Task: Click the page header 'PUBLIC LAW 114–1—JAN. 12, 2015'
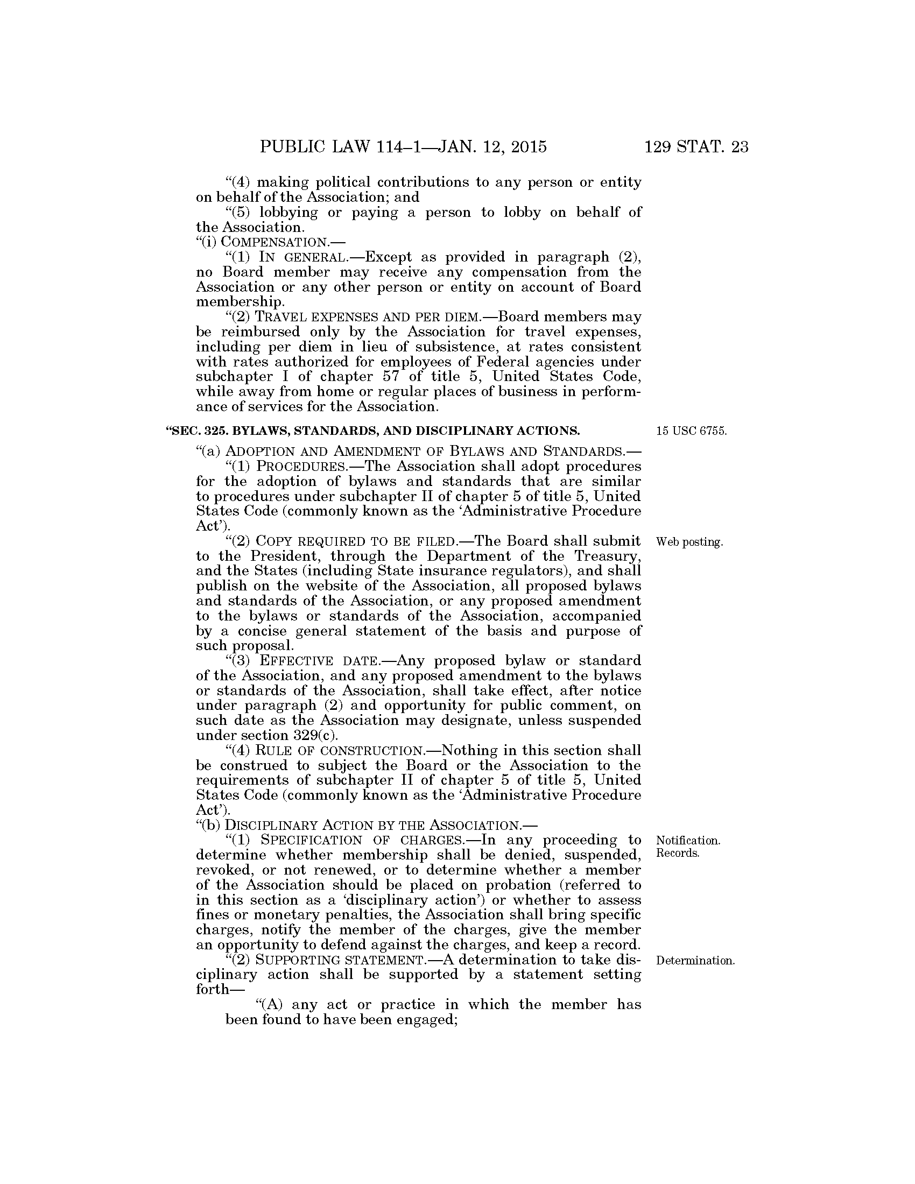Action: (403, 147)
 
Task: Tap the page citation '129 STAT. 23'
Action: (696, 147)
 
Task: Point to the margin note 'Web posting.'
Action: (689, 541)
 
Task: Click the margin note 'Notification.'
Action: (688, 840)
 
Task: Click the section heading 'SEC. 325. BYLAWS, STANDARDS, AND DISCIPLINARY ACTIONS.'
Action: (375, 431)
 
